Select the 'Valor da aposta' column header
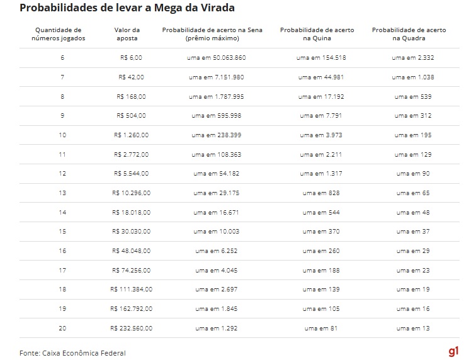tap(127, 34)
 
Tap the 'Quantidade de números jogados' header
tap(59, 34)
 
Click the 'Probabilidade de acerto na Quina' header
tap(317, 34)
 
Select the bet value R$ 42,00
tap(131, 77)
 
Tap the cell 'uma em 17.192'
tap(321, 96)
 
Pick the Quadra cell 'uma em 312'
tap(412, 116)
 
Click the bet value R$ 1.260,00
tap(130, 135)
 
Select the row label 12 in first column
tap(62, 173)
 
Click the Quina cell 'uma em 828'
tap(321, 193)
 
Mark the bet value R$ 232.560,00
tap(131, 327)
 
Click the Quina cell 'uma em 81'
tap(321, 327)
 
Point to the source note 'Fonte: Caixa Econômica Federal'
tap(72, 352)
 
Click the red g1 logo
tap(453, 351)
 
